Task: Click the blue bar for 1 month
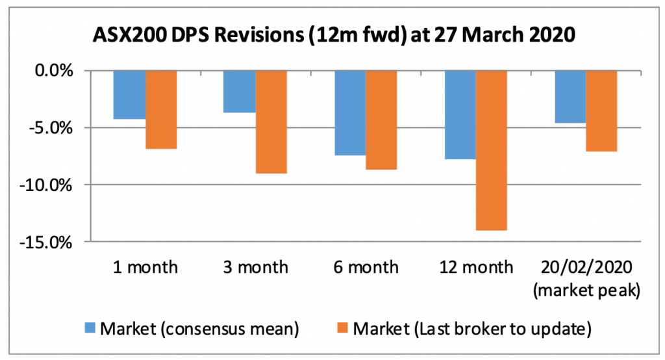[x=129, y=95]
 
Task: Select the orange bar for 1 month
[x=160, y=110]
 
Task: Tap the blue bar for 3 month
[x=239, y=92]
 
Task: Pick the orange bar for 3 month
[x=271, y=122]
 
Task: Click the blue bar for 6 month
[x=350, y=113]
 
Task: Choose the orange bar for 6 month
[x=381, y=120]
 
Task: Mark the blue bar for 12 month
[x=460, y=115]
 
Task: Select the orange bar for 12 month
[x=492, y=151]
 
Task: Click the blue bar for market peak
[x=571, y=97]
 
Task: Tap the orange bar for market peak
[x=602, y=111]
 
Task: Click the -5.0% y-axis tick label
[x=55, y=128]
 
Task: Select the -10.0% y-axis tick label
[x=51, y=186]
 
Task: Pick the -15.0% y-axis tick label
[x=51, y=243]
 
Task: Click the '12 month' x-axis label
[x=476, y=267]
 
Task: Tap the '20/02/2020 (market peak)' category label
[x=586, y=279]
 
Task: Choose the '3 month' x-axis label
[x=255, y=267]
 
